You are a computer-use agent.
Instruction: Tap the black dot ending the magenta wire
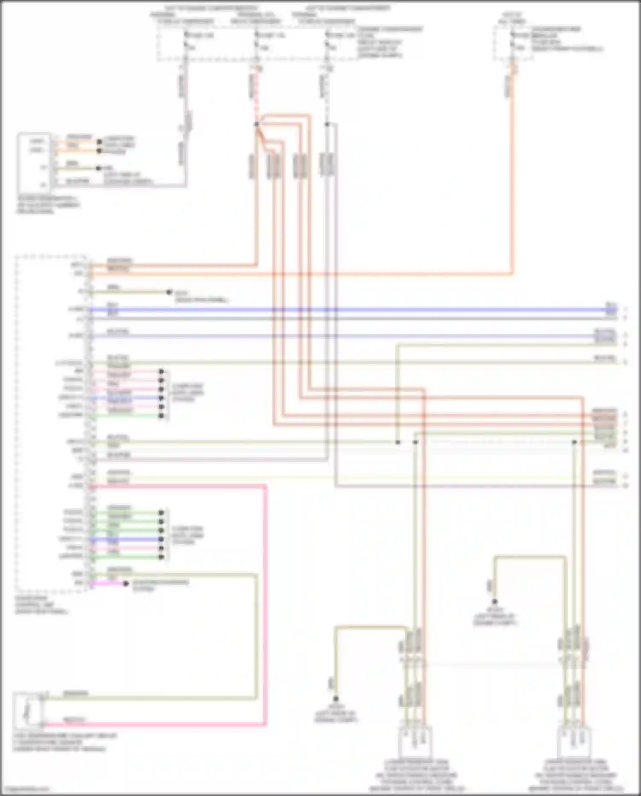(126, 583)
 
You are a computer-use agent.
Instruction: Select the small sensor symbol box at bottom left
(28, 710)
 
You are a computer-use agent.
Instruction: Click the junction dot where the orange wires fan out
(256, 124)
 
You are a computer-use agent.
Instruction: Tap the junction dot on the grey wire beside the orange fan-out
(327, 124)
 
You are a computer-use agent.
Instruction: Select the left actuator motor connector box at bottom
(414, 742)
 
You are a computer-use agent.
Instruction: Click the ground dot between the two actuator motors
(494, 602)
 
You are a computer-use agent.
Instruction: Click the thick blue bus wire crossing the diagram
(342, 309)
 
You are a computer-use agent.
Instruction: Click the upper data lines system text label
(188, 392)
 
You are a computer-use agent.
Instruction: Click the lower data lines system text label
(188, 535)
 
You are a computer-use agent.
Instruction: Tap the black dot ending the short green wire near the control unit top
(169, 292)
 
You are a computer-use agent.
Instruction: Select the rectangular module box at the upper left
(34, 163)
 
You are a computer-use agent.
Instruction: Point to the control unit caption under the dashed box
(41, 605)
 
